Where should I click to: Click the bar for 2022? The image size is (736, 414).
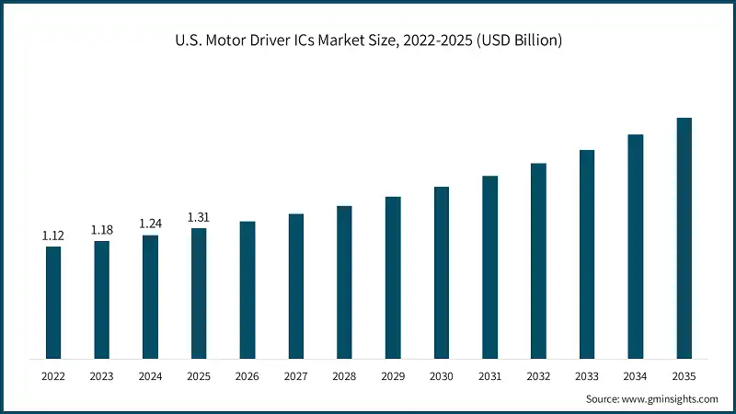click(53, 302)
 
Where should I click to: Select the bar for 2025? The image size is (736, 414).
click(199, 293)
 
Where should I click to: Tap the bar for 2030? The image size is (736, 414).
click(442, 272)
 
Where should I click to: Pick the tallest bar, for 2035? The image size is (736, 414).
click(684, 237)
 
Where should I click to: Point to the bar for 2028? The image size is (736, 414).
click(344, 282)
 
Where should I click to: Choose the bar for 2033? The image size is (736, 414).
click(587, 253)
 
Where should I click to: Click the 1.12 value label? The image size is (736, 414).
click(53, 236)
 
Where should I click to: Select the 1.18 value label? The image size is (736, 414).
click(102, 230)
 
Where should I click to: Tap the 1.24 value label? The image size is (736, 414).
click(150, 224)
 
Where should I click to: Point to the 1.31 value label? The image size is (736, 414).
click(199, 217)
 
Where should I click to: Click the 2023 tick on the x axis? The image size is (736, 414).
click(102, 376)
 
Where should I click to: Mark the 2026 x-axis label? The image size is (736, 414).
click(247, 376)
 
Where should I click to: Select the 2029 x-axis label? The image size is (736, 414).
click(393, 376)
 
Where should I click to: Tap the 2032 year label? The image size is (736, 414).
click(538, 376)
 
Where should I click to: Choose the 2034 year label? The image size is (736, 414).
click(635, 376)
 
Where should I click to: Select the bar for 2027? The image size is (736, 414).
click(295, 285)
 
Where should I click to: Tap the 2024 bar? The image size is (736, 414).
click(150, 296)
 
